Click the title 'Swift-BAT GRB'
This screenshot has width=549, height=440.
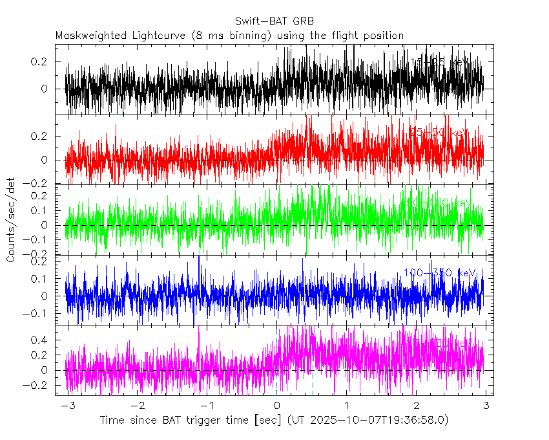[274, 20]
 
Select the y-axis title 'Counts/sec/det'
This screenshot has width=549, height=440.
[11, 220]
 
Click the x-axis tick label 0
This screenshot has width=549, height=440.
[276, 405]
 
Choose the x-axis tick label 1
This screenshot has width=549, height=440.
[346, 405]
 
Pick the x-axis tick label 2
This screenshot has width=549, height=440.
[416, 405]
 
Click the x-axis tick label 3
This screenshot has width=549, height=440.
[486, 405]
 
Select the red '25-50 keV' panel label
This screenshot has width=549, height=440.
[439, 132]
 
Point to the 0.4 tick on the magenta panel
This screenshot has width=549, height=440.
[41, 340]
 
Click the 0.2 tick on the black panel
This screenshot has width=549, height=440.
[41, 61]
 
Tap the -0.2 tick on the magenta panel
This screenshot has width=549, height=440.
[39, 386]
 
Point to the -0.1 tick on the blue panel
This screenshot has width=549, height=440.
[39, 314]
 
